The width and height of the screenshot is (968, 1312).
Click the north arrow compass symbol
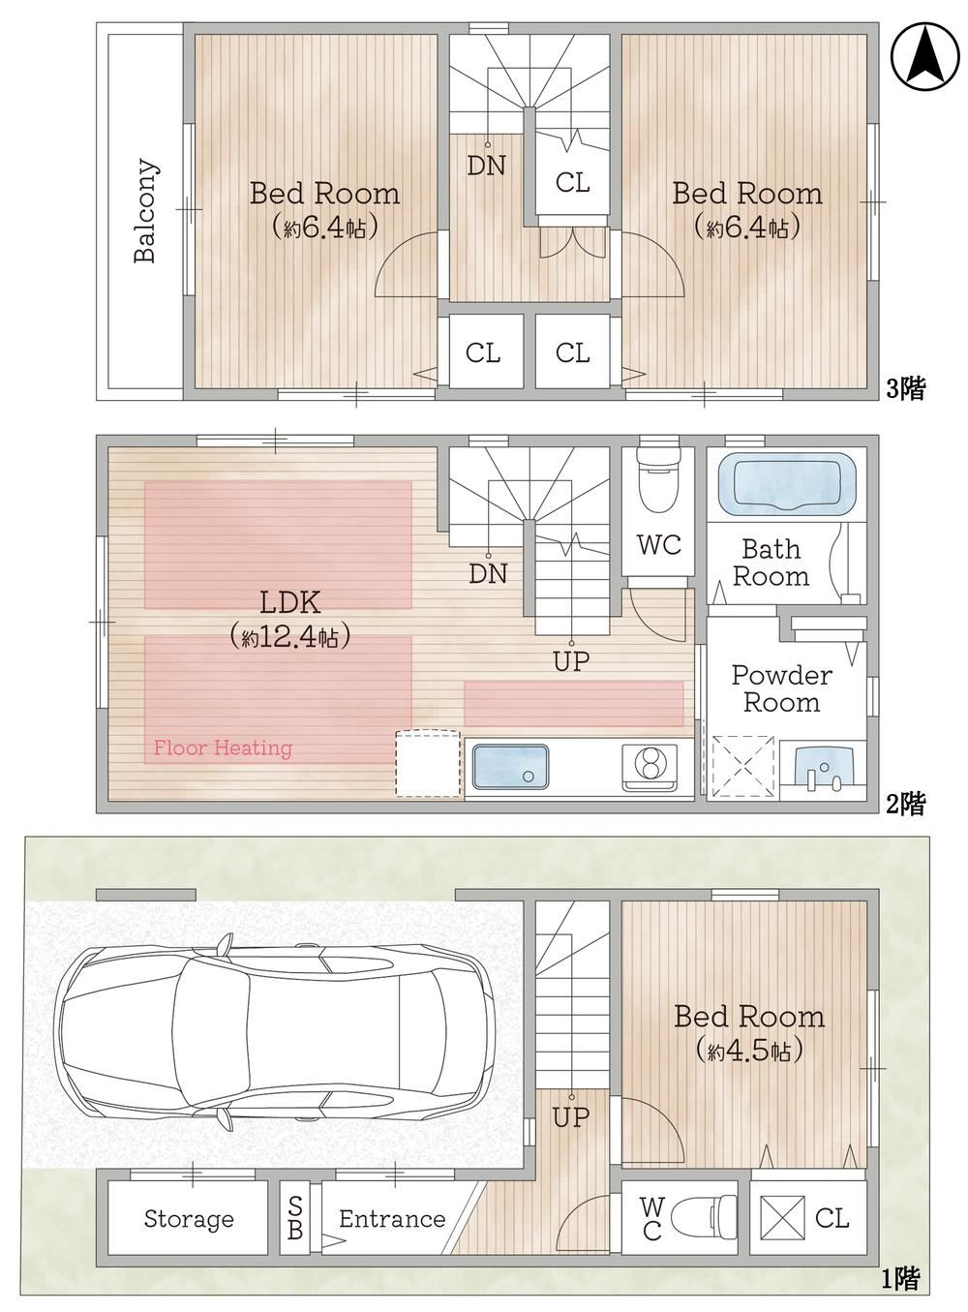click(x=924, y=58)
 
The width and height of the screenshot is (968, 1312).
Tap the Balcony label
click(x=145, y=210)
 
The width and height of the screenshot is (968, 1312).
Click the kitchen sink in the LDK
click(x=511, y=766)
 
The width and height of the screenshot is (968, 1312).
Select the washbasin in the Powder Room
click(x=824, y=768)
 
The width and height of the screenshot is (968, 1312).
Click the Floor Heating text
click(x=223, y=748)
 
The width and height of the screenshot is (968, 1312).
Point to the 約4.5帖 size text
click(x=748, y=1050)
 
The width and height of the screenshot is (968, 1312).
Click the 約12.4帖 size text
click(x=289, y=636)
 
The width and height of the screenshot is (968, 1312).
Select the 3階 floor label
click(x=905, y=388)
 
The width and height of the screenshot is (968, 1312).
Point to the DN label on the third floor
click(x=486, y=166)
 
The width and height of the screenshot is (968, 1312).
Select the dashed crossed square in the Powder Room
click(x=742, y=766)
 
